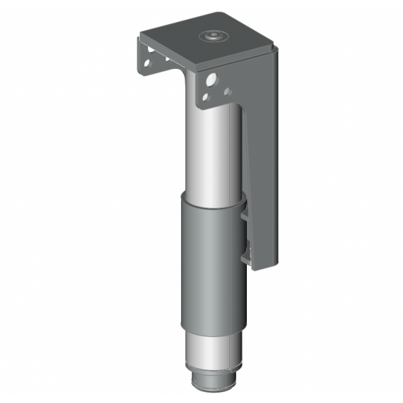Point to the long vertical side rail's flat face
tap(265, 161)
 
